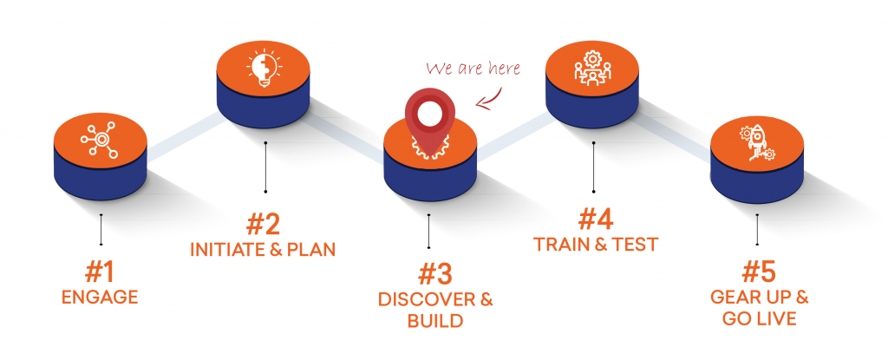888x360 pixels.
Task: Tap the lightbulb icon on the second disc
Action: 264,69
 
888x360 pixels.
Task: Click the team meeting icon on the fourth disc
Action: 593,69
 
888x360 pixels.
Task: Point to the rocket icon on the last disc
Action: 757,141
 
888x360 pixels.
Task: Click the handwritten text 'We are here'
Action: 473,69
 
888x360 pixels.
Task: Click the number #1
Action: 100,272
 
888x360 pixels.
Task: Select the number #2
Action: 263,225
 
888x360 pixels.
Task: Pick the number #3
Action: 435,274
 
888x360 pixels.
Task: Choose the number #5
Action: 759,272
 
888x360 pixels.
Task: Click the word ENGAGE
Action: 100,297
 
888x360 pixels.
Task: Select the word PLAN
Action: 312,250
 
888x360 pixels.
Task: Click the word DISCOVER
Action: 427,299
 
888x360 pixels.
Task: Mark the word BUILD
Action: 435,321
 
